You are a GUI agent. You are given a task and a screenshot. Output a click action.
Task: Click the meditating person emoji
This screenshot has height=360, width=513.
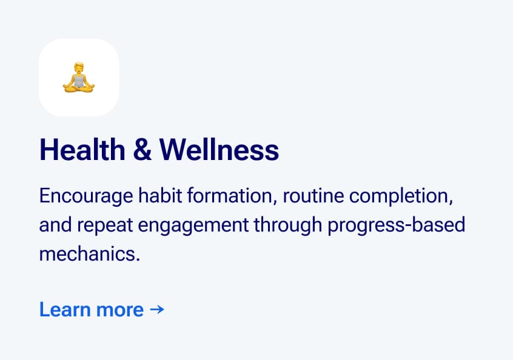coord(78,77)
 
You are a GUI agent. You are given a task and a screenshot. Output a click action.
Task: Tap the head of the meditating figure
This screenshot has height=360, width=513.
coord(79,68)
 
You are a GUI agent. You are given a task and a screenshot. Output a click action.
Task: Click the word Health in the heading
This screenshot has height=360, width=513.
coord(82,150)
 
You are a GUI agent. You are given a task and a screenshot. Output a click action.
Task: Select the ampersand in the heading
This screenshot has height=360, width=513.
coord(142,150)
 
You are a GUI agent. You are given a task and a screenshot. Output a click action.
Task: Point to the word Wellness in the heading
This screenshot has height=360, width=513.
coord(219,150)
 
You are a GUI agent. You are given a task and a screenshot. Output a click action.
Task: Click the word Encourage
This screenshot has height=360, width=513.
coord(86,196)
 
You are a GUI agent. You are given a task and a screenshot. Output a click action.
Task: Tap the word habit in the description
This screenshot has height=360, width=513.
coord(160,196)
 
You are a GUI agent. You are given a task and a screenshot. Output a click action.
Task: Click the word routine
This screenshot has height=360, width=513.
coord(313,196)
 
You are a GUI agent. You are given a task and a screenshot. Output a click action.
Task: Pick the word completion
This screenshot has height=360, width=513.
coord(401,196)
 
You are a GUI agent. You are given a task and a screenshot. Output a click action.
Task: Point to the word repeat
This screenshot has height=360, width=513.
coord(105,225)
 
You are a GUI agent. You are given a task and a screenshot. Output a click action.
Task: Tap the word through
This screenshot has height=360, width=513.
coord(288,225)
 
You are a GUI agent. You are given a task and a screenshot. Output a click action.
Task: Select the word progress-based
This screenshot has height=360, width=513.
coord(397,225)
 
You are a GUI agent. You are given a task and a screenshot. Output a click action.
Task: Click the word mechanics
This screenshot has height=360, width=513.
coord(90,254)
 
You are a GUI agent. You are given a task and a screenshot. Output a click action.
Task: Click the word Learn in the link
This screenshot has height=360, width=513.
coord(65,309)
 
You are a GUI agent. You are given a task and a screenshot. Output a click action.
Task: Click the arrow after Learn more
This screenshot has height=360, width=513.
coord(157,309)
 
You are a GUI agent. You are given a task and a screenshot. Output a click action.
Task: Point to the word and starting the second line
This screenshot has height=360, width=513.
coord(56,225)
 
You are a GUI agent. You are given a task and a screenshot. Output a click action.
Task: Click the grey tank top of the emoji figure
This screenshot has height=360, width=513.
coord(79,81)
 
